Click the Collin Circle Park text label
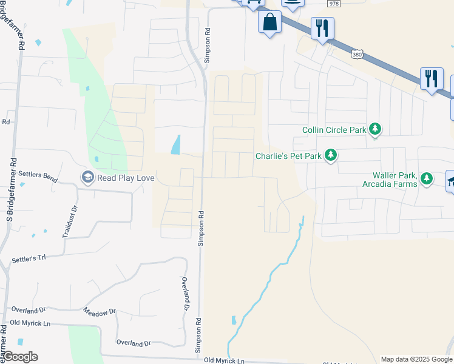tap(334, 130)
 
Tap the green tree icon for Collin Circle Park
tap(376, 129)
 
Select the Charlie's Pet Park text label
tap(287, 156)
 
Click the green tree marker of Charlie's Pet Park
tap(331, 156)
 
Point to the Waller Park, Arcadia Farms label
tap(389, 180)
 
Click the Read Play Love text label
tap(126, 178)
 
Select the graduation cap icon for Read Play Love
tap(88, 178)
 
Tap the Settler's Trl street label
tap(29, 259)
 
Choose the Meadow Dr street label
tap(99, 312)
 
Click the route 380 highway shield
tap(357, 55)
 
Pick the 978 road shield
tap(334, 4)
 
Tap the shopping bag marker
tap(269, 22)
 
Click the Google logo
tap(19, 357)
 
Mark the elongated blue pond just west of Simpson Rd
tap(176, 144)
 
